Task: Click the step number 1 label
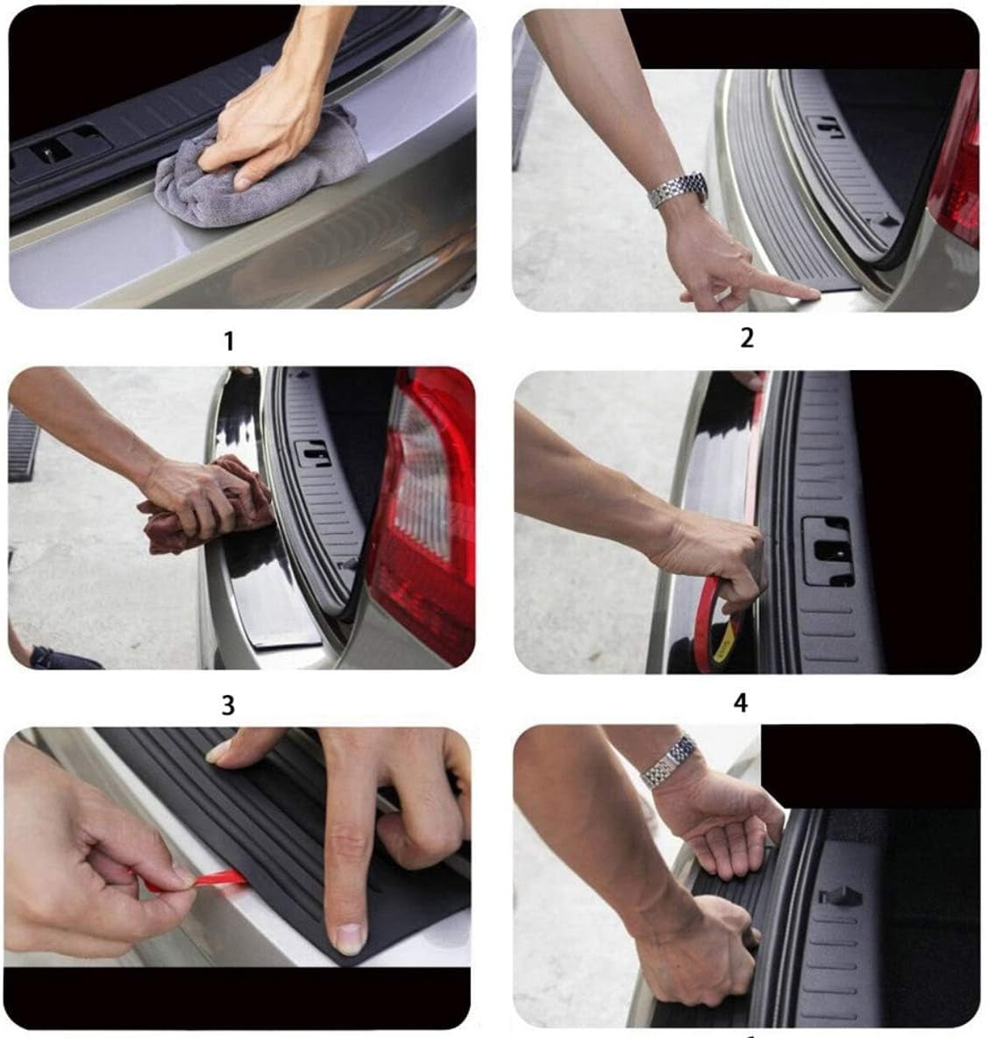tap(229, 341)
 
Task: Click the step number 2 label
tap(746, 337)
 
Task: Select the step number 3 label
tap(228, 704)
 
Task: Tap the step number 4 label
tap(741, 702)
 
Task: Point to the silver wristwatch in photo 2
tap(679, 188)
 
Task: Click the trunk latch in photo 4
tap(827, 551)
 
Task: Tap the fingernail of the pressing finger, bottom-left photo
tap(351, 938)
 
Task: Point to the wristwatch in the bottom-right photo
tap(670, 761)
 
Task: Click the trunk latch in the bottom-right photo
tap(840, 896)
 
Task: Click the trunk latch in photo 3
tap(312, 452)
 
